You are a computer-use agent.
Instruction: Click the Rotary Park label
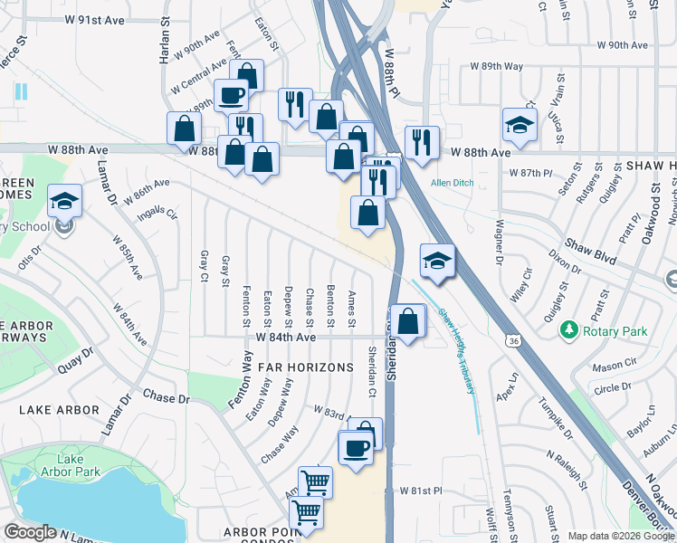point(615,332)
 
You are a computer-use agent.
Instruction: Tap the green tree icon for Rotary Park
point(569,330)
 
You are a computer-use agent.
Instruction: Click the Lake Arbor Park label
point(62,465)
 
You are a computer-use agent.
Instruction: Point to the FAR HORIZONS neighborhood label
point(305,367)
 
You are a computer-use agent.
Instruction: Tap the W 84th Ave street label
point(285,337)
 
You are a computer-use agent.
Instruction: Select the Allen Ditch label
point(452,183)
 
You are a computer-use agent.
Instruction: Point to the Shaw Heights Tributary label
point(457,349)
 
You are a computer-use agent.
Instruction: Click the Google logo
point(30,532)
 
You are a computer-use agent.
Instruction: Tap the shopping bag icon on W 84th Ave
point(409,321)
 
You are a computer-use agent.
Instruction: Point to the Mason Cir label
point(612,368)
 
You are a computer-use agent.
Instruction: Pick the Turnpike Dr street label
point(553,418)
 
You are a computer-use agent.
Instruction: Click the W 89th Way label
point(496,66)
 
